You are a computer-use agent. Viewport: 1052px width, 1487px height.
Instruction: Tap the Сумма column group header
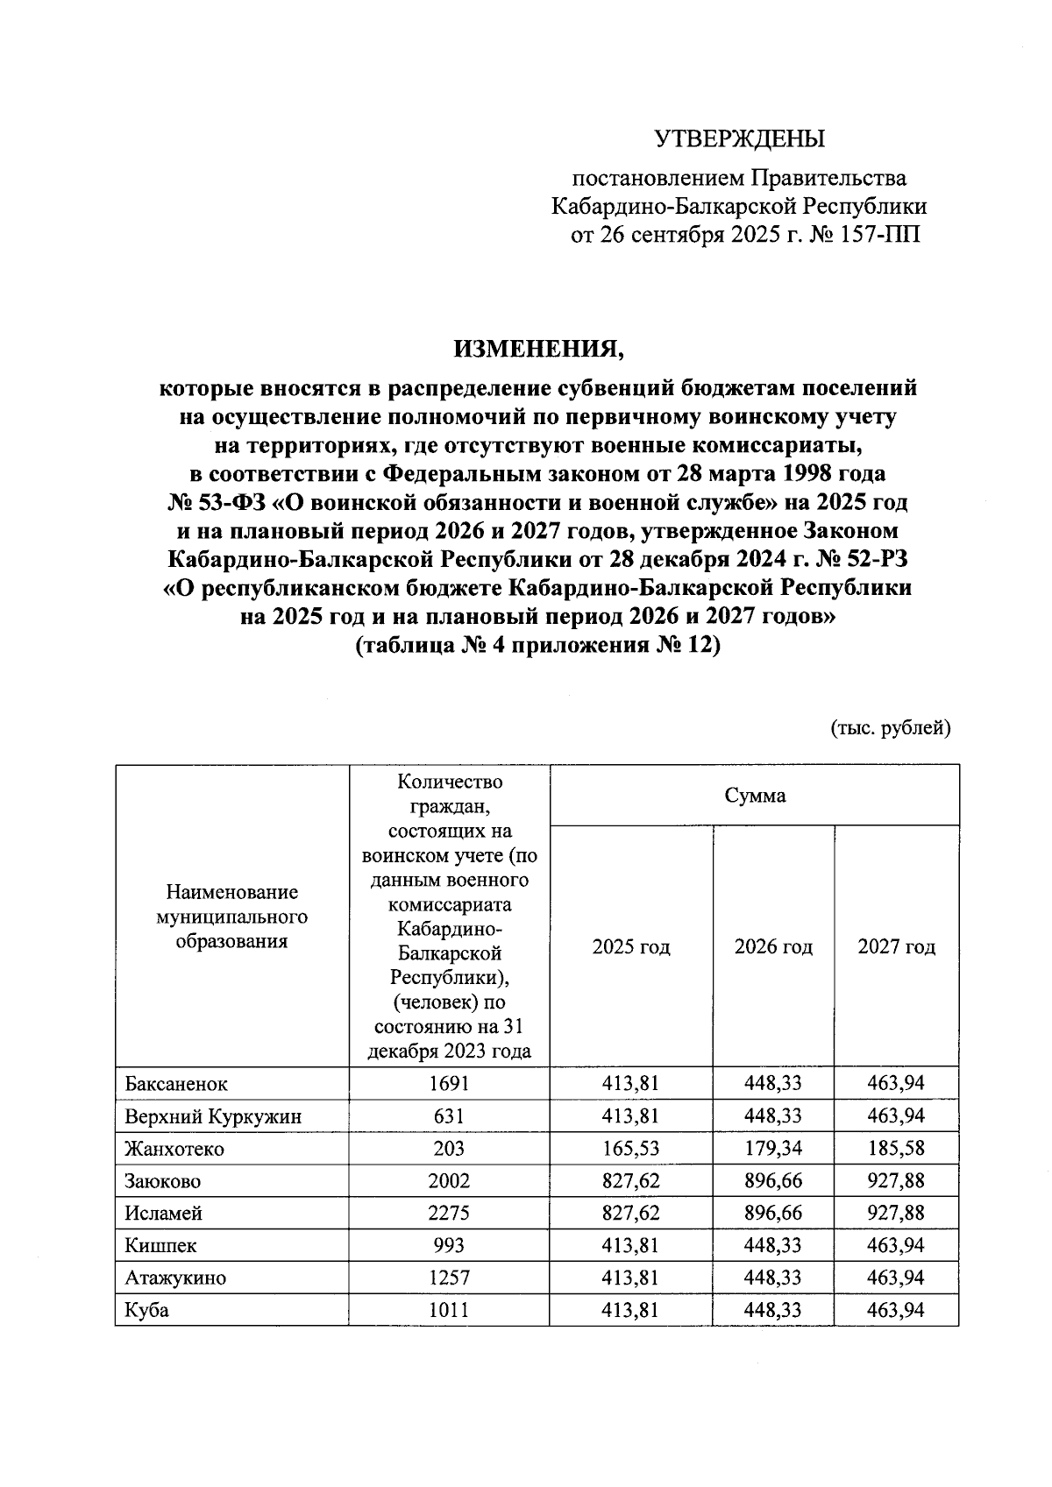(x=755, y=796)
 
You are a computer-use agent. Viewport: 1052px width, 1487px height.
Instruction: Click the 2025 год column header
(x=631, y=946)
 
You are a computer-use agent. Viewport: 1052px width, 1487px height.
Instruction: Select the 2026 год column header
(x=773, y=946)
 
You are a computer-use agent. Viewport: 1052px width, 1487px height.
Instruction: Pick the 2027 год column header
(x=896, y=946)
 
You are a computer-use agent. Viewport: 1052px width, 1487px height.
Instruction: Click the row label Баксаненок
(x=176, y=1084)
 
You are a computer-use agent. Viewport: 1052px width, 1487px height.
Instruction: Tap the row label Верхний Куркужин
(x=213, y=1116)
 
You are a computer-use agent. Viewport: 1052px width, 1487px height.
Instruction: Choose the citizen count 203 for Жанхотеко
(x=449, y=1149)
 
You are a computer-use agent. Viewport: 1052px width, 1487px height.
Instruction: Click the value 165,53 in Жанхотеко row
(x=631, y=1149)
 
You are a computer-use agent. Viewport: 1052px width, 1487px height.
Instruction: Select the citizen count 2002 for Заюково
(x=449, y=1181)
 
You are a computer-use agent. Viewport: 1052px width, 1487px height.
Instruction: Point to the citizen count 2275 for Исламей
(x=449, y=1214)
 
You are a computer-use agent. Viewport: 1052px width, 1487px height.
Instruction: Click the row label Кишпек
(x=160, y=1246)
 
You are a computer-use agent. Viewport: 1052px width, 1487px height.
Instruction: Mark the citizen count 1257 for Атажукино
(x=449, y=1278)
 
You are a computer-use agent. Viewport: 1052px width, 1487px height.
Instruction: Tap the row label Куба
(x=146, y=1311)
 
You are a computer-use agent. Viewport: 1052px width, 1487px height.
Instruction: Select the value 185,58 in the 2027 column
(x=896, y=1149)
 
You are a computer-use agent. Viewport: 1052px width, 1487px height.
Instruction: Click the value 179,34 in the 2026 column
(x=773, y=1149)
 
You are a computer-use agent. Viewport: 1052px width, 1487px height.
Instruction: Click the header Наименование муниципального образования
(x=232, y=917)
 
